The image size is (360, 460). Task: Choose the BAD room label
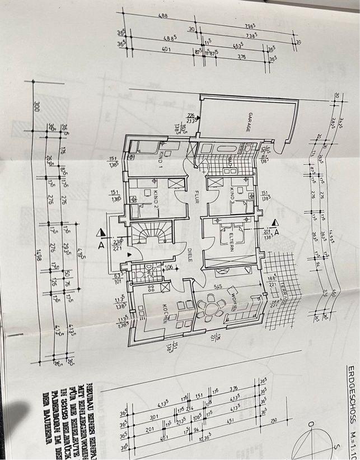coord(231,161)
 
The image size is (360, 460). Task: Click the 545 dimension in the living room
coord(219,286)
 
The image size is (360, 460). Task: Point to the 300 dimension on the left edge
coord(36,108)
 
